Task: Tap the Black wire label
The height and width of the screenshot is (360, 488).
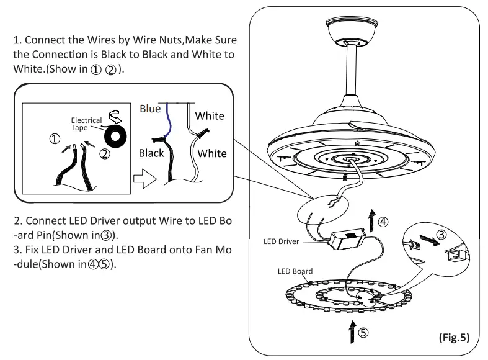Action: click(x=151, y=153)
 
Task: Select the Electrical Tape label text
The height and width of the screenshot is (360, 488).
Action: click(x=86, y=124)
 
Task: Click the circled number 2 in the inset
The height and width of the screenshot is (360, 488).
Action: click(x=105, y=152)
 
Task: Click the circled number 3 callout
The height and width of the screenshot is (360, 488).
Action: click(x=441, y=235)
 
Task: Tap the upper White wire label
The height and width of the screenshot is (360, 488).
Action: click(x=209, y=116)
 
